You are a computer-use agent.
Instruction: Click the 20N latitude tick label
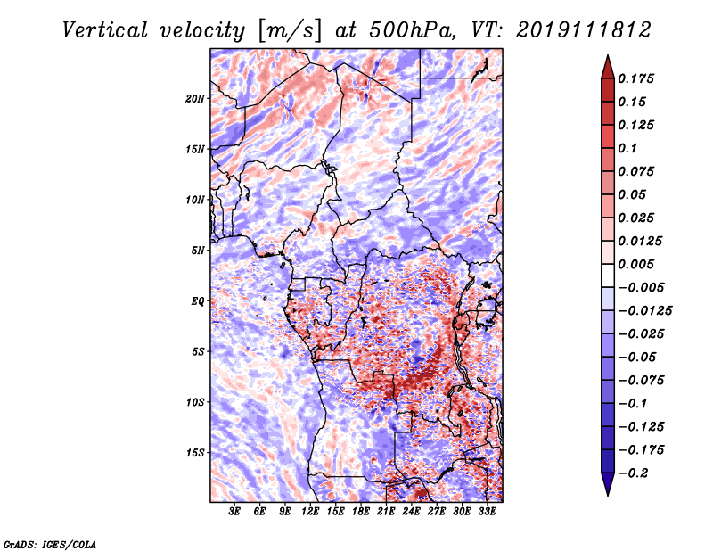(196, 98)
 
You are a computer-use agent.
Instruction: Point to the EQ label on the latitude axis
(199, 300)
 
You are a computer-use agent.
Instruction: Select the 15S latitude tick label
(196, 452)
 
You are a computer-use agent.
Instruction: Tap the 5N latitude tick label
(199, 250)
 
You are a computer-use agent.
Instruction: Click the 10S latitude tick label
(196, 402)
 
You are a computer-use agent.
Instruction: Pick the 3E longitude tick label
(235, 513)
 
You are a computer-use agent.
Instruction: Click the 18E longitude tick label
(361, 513)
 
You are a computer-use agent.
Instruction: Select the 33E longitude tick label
(487, 513)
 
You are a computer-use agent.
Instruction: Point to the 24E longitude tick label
(411, 513)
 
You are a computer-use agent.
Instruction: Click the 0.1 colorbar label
(629, 148)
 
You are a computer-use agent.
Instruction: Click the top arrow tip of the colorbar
(607, 57)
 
